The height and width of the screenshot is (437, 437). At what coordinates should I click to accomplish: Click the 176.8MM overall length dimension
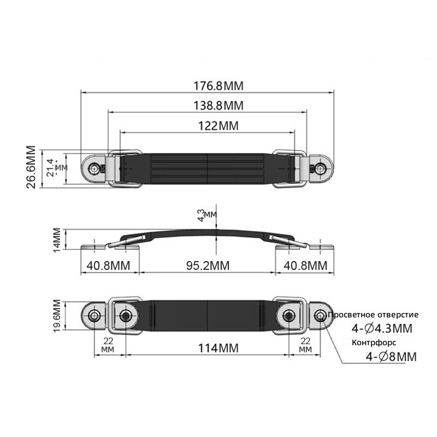pyautogui.click(x=218, y=86)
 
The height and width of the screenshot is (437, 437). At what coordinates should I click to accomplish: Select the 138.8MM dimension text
pyautogui.click(x=218, y=105)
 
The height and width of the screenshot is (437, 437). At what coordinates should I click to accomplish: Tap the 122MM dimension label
pyautogui.click(x=218, y=126)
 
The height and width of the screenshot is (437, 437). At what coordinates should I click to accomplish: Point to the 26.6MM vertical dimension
pyautogui.click(x=31, y=167)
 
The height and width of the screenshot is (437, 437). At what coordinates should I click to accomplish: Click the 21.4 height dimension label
pyautogui.click(x=50, y=168)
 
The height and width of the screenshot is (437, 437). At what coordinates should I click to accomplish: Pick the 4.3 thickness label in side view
pyautogui.click(x=201, y=215)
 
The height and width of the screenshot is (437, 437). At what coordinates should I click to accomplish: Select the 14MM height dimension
pyautogui.click(x=57, y=240)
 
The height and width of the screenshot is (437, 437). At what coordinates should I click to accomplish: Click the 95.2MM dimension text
pyautogui.click(x=208, y=265)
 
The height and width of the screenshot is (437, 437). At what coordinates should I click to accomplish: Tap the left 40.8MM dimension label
pyautogui.click(x=108, y=265)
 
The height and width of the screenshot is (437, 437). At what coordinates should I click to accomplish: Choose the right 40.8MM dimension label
pyautogui.click(x=305, y=265)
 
